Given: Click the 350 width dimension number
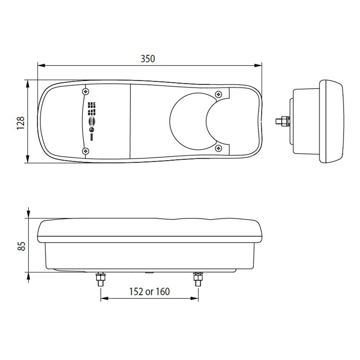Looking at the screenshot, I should point(148,58).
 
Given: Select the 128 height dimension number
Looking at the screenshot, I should point(21,123).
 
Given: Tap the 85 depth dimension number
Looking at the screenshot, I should point(21,246).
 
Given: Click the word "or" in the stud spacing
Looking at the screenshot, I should point(149,291).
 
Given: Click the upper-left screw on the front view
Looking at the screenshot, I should point(85,91).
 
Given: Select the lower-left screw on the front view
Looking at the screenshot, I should point(85,150).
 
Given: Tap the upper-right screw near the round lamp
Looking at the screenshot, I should point(218,94).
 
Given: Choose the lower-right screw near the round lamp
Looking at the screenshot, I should point(218,148).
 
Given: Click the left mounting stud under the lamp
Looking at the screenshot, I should point(99,280).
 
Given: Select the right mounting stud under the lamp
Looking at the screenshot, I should point(197,280).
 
